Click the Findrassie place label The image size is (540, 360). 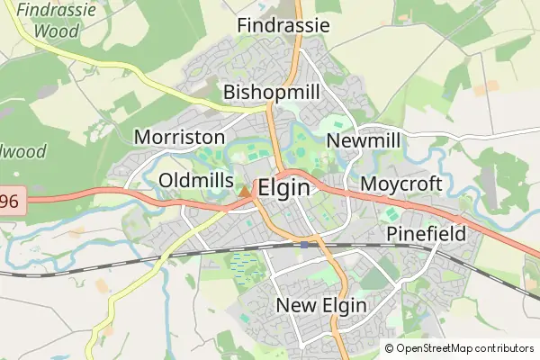click(x=283, y=25)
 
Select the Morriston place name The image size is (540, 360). click(x=179, y=138)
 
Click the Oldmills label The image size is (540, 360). click(x=195, y=181)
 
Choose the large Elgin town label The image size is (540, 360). click(x=283, y=189)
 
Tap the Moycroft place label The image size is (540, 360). click(x=401, y=184)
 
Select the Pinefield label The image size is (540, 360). click(x=427, y=235)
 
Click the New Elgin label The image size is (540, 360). click(x=321, y=305)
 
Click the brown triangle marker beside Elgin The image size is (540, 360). click(x=245, y=191)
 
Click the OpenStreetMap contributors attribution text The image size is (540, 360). click(x=464, y=348)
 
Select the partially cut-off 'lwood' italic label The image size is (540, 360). click(x=22, y=151)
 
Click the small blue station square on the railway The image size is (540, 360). click(x=306, y=244)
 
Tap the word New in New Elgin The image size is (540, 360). click(x=295, y=305)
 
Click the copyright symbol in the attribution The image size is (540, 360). click(x=389, y=348)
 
